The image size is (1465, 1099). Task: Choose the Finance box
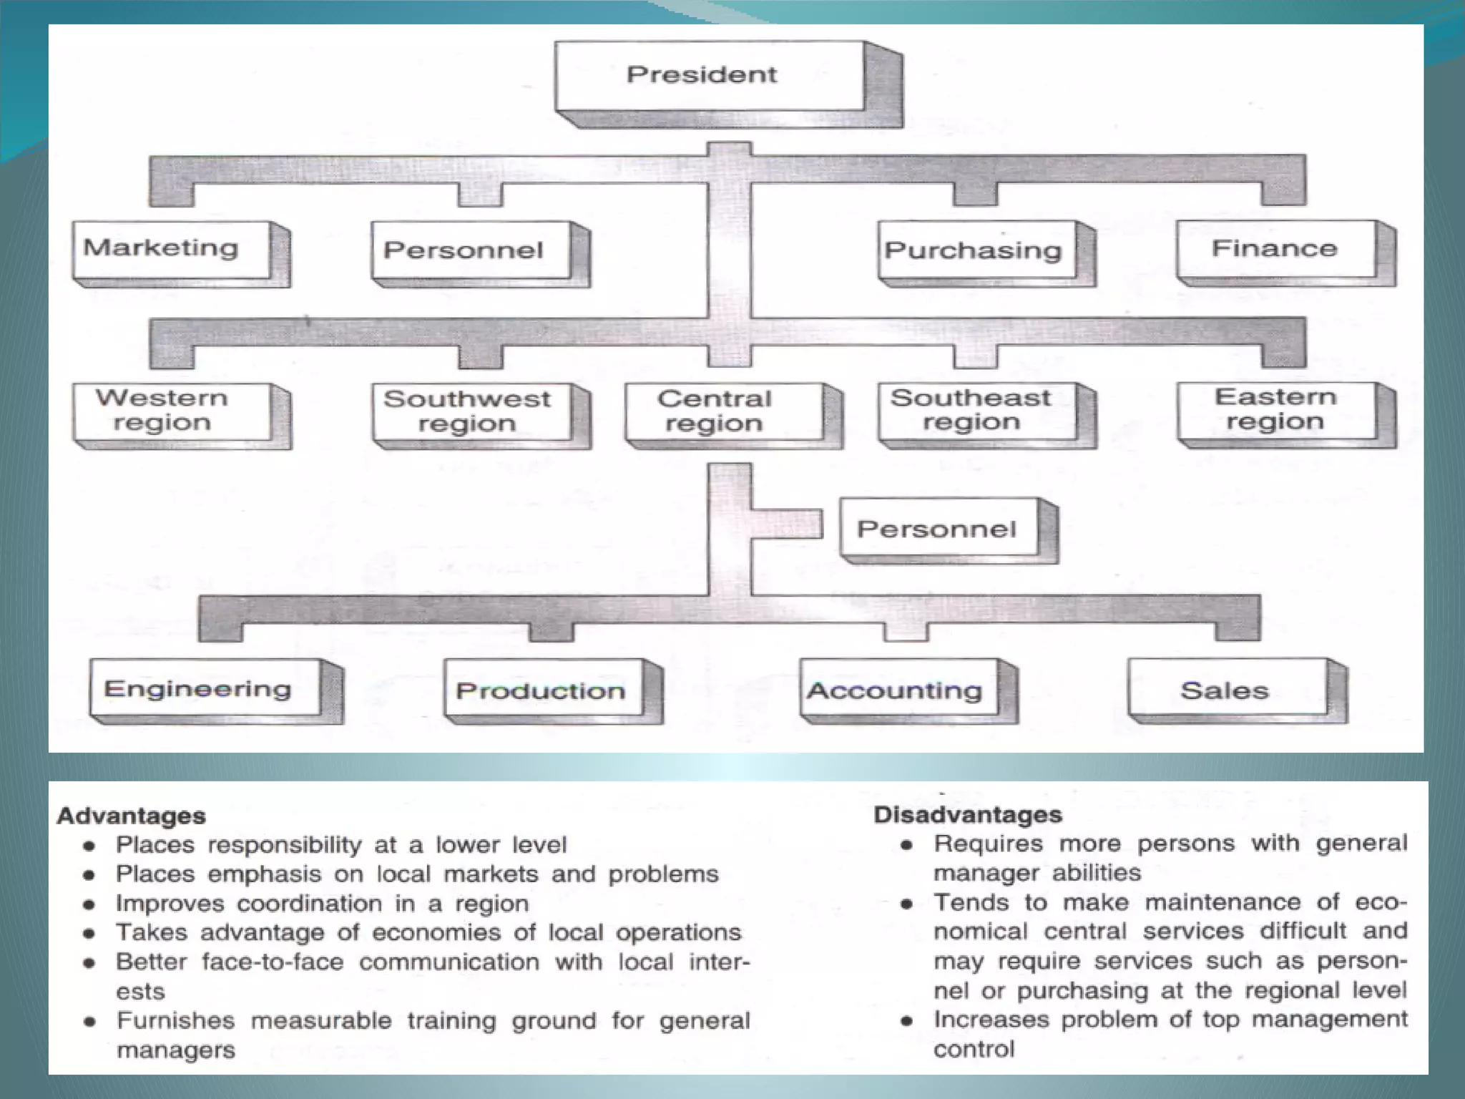click(1275, 249)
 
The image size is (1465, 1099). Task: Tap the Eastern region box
click(1275, 410)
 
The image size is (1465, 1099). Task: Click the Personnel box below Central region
click(938, 529)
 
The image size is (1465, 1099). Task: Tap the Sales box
click(1225, 690)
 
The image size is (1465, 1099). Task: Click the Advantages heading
click(132, 816)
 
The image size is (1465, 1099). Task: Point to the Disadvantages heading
click(968, 814)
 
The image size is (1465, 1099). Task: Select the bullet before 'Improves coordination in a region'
click(89, 904)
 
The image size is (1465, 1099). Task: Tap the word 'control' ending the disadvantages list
click(974, 1049)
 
